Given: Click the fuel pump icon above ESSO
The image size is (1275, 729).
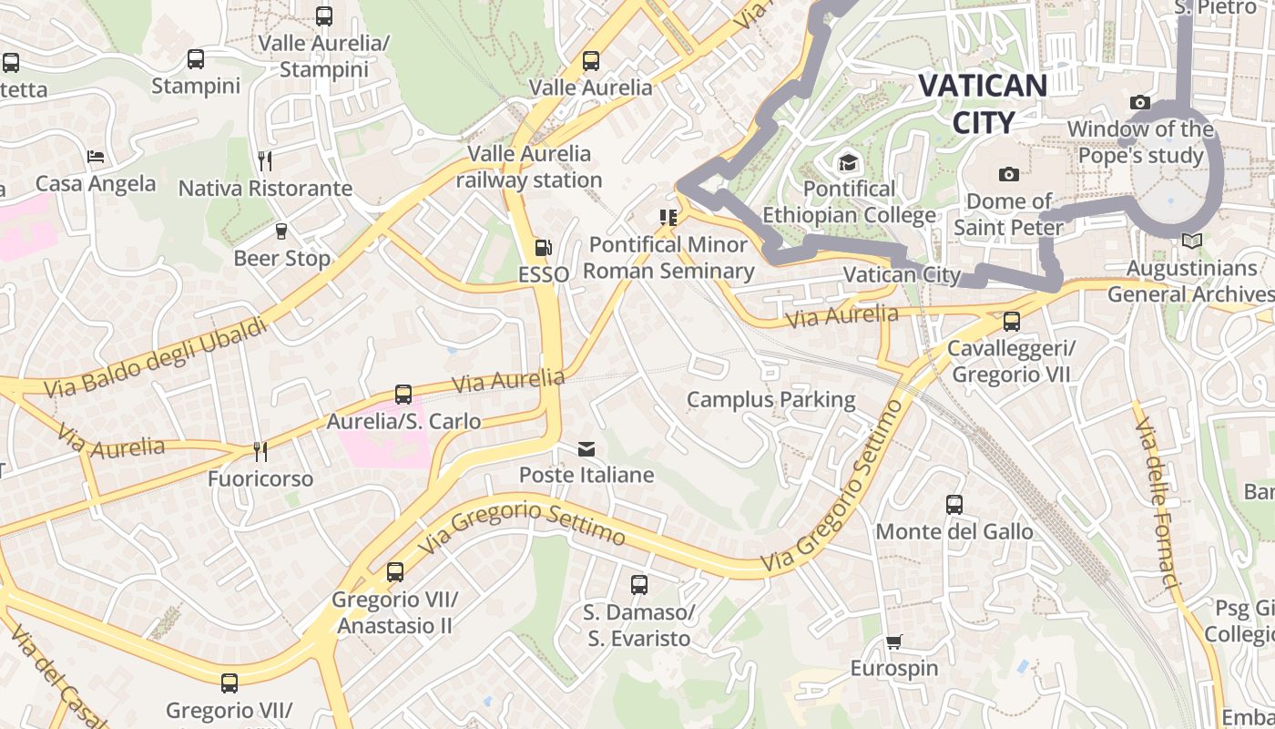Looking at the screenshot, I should pyautogui.click(x=543, y=247).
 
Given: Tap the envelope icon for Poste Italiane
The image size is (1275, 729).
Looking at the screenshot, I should pyautogui.click(x=586, y=448).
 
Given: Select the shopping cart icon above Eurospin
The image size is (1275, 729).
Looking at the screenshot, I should pyautogui.click(x=894, y=642).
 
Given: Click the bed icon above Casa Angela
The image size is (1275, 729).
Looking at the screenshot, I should pyautogui.click(x=96, y=157).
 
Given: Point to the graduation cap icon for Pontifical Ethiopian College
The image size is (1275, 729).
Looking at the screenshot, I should pyautogui.click(x=849, y=162).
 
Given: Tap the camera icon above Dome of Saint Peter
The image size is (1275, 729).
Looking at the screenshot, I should pyautogui.click(x=1008, y=174).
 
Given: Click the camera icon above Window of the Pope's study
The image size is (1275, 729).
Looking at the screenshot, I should pyautogui.click(x=1139, y=103).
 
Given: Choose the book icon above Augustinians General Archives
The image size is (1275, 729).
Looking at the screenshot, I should pyautogui.click(x=1191, y=241).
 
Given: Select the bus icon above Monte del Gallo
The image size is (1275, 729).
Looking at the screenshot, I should pyautogui.click(x=954, y=504).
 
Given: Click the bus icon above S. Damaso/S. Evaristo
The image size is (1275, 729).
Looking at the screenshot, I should pyautogui.click(x=639, y=585).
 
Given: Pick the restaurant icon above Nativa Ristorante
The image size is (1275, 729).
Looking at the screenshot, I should pyautogui.click(x=265, y=161).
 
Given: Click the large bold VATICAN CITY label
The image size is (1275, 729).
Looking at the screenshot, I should pyautogui.click(x=983, y=104).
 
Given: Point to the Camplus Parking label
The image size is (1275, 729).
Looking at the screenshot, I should pyautogui.click(x=770, y=399).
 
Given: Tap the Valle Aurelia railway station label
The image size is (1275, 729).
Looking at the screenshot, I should pyautogui.click(x=529, y=166).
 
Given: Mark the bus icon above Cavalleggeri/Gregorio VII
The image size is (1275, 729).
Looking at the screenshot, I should pyautogui.click(x=1011, y=322).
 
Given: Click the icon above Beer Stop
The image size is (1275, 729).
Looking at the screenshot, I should pyautogui.click(x=281, y=231).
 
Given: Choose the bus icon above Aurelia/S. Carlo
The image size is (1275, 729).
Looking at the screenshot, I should pyautogui.click(x=403, y=395).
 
